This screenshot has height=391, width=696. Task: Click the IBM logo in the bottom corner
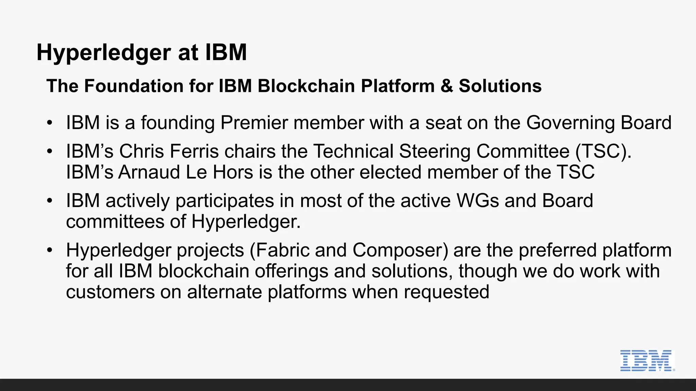(647, 360)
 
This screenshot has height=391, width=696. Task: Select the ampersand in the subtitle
(447, 86)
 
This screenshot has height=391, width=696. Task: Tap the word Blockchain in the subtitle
(306, 86)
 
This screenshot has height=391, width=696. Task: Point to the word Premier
(254, 123)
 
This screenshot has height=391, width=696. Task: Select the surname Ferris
(194, 151)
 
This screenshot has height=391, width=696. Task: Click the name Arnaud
(149, 172)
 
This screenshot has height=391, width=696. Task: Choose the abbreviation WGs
(477, 201)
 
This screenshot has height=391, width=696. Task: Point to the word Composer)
(400, 250)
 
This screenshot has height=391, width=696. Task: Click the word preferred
(557, 250)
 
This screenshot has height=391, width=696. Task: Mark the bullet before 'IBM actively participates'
(50, 201)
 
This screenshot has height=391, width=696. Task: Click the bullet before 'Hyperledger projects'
(50, 250)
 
